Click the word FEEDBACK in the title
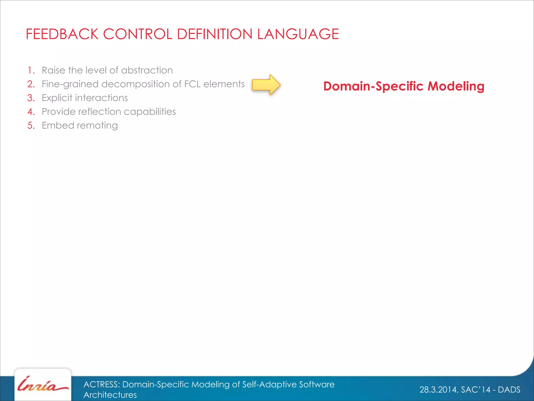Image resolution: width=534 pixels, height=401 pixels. [x=62, y=34]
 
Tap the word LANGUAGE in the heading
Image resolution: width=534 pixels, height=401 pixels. [x=298, y=34]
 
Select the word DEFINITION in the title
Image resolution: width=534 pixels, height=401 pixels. [x=215, y=34]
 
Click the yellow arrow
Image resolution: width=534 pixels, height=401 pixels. [x=266, y=85]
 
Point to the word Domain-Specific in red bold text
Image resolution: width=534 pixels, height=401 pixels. [x=373, y=86]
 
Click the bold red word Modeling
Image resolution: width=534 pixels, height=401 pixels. [x=456, y=86]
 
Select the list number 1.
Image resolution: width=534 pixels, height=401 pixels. [x=31, y=70]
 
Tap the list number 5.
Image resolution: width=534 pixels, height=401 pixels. [x=31, y=126]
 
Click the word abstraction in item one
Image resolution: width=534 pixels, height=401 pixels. [x=147, y=70]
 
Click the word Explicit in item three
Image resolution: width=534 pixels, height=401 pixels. [x=57, y=98]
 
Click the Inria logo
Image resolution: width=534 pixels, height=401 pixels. [x=43, y=385]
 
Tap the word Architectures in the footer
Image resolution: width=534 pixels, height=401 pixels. [x=110, y=395]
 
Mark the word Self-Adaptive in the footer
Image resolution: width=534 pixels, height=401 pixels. [x=269, y=384]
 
